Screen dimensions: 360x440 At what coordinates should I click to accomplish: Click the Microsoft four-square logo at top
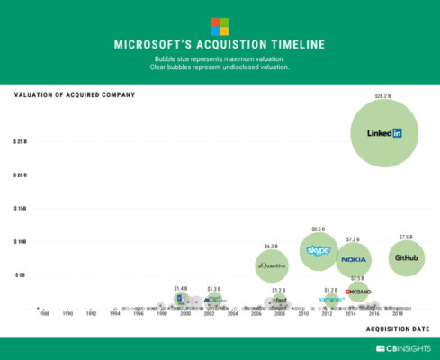[220, 26]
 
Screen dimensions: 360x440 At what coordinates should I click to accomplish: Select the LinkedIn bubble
[385, 133]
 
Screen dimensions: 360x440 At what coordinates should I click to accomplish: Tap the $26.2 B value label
[385, 94]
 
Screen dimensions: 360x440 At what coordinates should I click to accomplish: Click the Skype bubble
[319, 250]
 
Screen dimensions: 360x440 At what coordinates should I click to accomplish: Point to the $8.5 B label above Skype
[319, 229]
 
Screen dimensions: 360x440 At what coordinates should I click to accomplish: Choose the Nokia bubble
[354, 259]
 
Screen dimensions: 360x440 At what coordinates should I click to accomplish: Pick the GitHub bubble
[405, 258]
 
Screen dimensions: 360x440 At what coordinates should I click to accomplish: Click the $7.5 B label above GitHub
[405, 238]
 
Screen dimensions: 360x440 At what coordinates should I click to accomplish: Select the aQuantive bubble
[272, 265]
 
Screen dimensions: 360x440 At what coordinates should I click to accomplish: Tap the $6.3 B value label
[272, 246]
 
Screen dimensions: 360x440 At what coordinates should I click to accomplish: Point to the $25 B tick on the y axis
[20, 142]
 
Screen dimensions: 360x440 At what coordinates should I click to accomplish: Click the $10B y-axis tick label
[20, 241]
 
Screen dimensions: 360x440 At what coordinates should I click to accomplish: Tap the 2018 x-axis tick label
[397, 315]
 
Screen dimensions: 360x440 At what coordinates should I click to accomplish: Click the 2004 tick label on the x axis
[232, 315]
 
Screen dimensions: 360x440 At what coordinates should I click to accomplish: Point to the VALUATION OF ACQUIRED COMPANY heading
[74, 94]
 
